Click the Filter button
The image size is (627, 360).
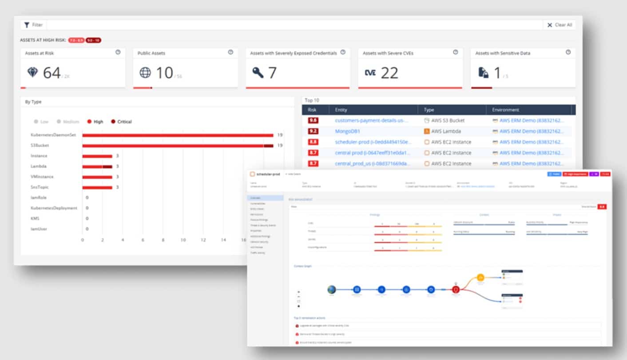click(33, 25)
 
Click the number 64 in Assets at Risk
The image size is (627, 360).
click(52, 73)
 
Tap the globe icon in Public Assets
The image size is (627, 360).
click(145, 73)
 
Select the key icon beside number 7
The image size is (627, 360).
click(258, 73)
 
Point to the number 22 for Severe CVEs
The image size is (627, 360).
click(389, 73)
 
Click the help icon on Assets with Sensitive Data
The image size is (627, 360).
click(568, 52)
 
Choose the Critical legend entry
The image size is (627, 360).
click(121, 122)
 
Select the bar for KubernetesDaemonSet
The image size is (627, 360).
click(178, 135)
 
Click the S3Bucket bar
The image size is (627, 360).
click(178, 146)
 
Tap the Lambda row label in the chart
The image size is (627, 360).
click(39, 166)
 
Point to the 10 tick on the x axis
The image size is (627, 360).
click(183, 240)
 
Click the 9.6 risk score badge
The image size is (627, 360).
click(313, 120)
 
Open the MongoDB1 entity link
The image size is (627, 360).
click(347, 131)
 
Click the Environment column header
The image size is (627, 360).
click(505, 110)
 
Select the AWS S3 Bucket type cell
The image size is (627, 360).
click(444, 120)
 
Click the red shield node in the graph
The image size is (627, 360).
click(456, 290)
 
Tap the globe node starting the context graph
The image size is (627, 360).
click(331, 290)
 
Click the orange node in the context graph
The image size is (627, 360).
click(480, 278)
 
